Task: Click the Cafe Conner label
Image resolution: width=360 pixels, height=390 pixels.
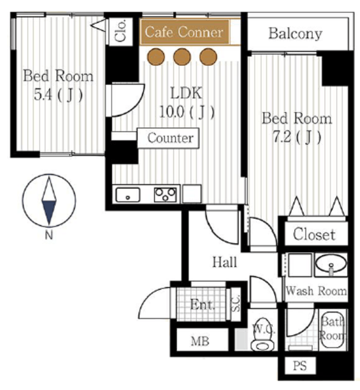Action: [184, 32]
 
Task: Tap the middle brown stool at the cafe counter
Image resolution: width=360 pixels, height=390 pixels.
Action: [182, 57]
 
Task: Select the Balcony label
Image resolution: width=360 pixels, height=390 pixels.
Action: [295, 34]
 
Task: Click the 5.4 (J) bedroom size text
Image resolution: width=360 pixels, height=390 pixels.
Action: [58, 95]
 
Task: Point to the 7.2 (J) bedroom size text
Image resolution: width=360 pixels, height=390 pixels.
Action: [297, 136]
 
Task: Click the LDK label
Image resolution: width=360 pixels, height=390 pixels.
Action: [186, 93]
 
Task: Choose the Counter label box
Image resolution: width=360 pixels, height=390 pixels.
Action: [168, 138]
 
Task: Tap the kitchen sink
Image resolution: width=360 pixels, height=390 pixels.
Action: [128, 195]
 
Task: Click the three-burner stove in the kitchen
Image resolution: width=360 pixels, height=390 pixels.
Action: [165, 195]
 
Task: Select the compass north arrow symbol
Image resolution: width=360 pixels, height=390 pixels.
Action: [49, 200]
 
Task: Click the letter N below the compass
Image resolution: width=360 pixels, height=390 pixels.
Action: [49, 235]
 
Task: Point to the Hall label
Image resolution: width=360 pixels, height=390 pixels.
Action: [225, 262]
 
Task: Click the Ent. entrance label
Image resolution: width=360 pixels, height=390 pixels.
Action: [202, 305]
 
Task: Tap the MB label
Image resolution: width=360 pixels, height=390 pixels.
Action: [200, 341]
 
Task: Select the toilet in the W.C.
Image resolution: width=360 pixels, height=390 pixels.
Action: [263, 336]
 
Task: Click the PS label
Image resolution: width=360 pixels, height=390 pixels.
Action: [300, 366]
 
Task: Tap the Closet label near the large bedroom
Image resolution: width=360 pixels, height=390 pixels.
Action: [314, 234]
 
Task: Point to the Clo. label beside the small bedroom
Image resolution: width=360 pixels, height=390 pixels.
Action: [121, 30]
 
